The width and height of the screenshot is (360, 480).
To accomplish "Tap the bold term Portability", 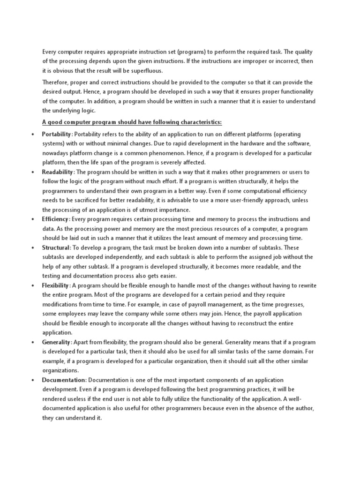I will pos(57,134).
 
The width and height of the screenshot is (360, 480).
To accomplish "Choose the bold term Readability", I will pos(57,172).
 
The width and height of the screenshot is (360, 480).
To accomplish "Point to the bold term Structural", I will pos(56,247).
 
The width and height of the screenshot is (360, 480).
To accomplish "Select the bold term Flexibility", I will pos(56,285).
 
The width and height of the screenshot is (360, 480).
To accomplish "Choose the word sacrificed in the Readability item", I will pos(83,200).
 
